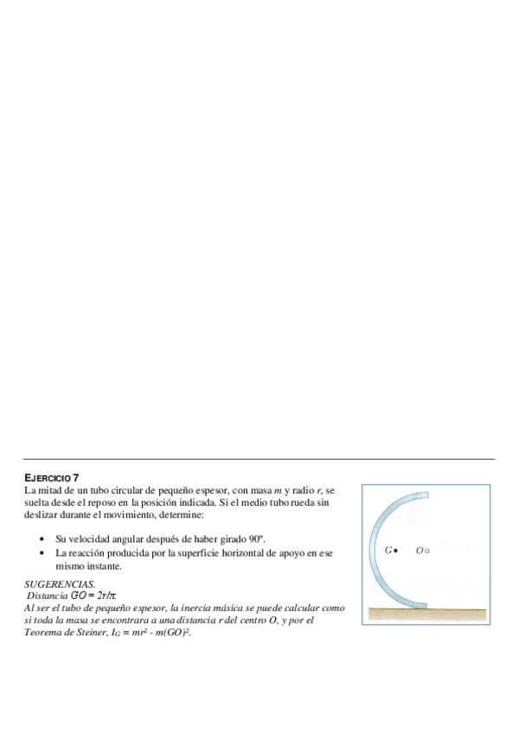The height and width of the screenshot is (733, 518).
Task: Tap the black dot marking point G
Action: (396, 550)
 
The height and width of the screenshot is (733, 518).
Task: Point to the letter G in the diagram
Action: (388, 550)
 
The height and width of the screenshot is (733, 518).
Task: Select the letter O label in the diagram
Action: (419, 550)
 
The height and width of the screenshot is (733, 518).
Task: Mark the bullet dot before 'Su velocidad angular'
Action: (42, 539)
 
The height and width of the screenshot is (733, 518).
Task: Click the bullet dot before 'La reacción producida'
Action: (42, 552)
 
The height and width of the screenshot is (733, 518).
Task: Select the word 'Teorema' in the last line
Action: (42, 633)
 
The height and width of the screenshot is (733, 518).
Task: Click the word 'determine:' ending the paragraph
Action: (180, 514)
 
